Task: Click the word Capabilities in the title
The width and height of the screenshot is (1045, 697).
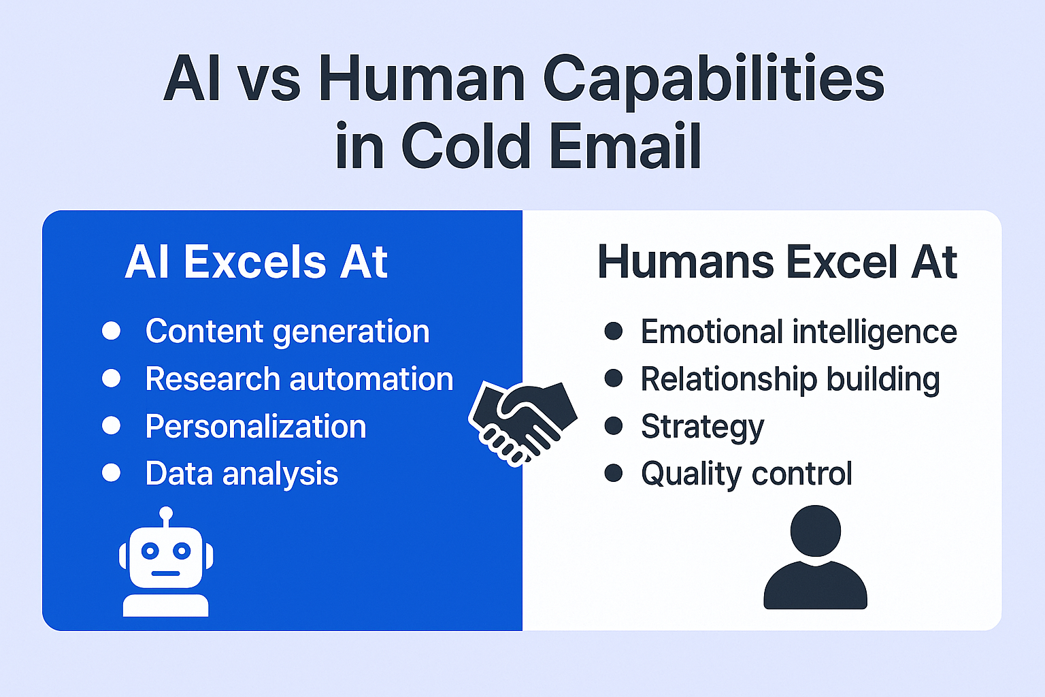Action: (714, 81)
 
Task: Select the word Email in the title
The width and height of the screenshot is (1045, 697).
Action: (626, 145)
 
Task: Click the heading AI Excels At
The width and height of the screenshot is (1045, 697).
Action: (256, 262)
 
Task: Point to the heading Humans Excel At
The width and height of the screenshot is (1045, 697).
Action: (777, 262)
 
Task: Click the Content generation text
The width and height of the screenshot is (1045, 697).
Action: (287, 332)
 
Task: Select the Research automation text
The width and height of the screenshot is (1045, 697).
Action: (299, 378)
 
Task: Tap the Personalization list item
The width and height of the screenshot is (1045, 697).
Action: (256, 427)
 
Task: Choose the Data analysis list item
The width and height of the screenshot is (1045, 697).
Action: (242, 474)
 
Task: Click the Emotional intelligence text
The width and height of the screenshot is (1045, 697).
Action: (799, 332)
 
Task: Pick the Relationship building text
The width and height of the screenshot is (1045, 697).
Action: (791, 379)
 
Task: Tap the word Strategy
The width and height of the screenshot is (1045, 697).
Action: (703, 427)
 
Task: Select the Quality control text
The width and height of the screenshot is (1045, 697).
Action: (746, 474)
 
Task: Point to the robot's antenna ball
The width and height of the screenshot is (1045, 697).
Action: (166, 513)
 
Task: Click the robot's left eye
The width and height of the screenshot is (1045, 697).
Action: (150, 551)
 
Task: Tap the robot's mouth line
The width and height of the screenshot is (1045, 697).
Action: (165, 573)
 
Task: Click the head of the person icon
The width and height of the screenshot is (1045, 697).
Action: (816, 531)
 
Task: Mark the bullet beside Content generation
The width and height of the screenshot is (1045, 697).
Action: (112, 331)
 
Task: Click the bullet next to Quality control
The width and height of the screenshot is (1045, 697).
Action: (614, 472)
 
